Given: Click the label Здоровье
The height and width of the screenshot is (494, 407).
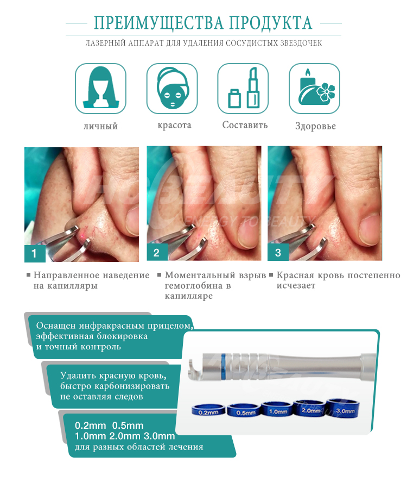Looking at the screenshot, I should click(315, 126).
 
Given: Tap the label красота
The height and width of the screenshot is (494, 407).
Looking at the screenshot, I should click(174, 125).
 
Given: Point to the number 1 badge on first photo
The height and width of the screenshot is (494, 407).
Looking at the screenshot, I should click(34, 253).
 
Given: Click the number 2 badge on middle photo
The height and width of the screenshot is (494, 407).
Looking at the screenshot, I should click(157, 253).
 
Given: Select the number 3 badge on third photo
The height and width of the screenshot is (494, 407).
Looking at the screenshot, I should click(278, 253).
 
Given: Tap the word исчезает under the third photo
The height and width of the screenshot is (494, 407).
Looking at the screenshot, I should click(296, 286).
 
